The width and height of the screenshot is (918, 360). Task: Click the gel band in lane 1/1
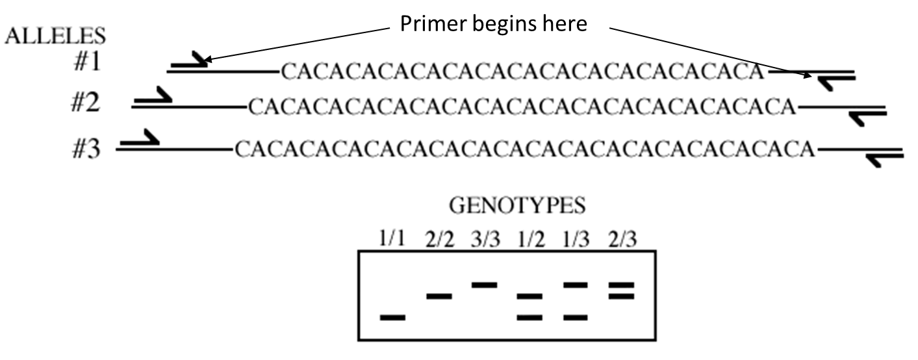tap(392, 317)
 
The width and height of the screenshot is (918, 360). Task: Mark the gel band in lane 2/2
tap(439, 296)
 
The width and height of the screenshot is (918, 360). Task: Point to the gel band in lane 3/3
tap(484, 284)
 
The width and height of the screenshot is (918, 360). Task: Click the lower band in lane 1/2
tap(529, 318)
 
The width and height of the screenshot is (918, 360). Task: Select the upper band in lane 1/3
tap(575, 284)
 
